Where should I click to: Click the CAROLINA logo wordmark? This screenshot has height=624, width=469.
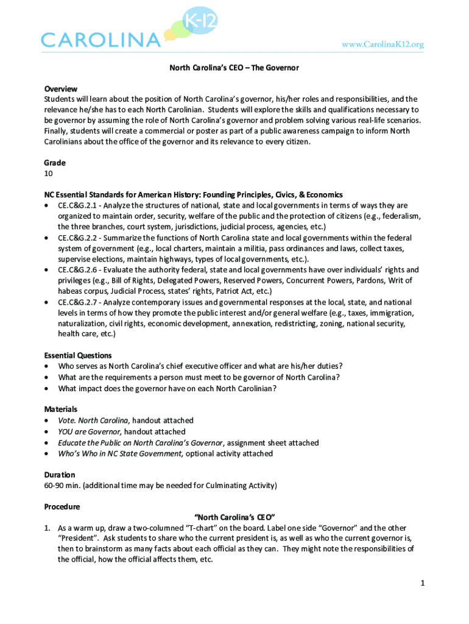point(100,40)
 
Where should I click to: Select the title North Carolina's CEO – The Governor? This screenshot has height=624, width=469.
point(234,68)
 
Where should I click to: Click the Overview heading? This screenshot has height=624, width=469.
point(60,88)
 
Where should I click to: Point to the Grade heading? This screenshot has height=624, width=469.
point(55,163)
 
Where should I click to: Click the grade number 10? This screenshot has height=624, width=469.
point(49,174)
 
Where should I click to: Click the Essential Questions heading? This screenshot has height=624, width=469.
point(78,355)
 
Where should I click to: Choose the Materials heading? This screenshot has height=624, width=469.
point(60,409)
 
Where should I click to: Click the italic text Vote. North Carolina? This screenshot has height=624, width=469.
point(93,420)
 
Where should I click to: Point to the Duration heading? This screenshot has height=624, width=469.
point(60,475)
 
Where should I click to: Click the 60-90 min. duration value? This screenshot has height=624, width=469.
point(62,486)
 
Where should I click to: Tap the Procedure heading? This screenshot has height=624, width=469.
point(62,506)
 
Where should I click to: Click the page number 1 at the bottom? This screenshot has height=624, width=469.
point(421,584)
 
